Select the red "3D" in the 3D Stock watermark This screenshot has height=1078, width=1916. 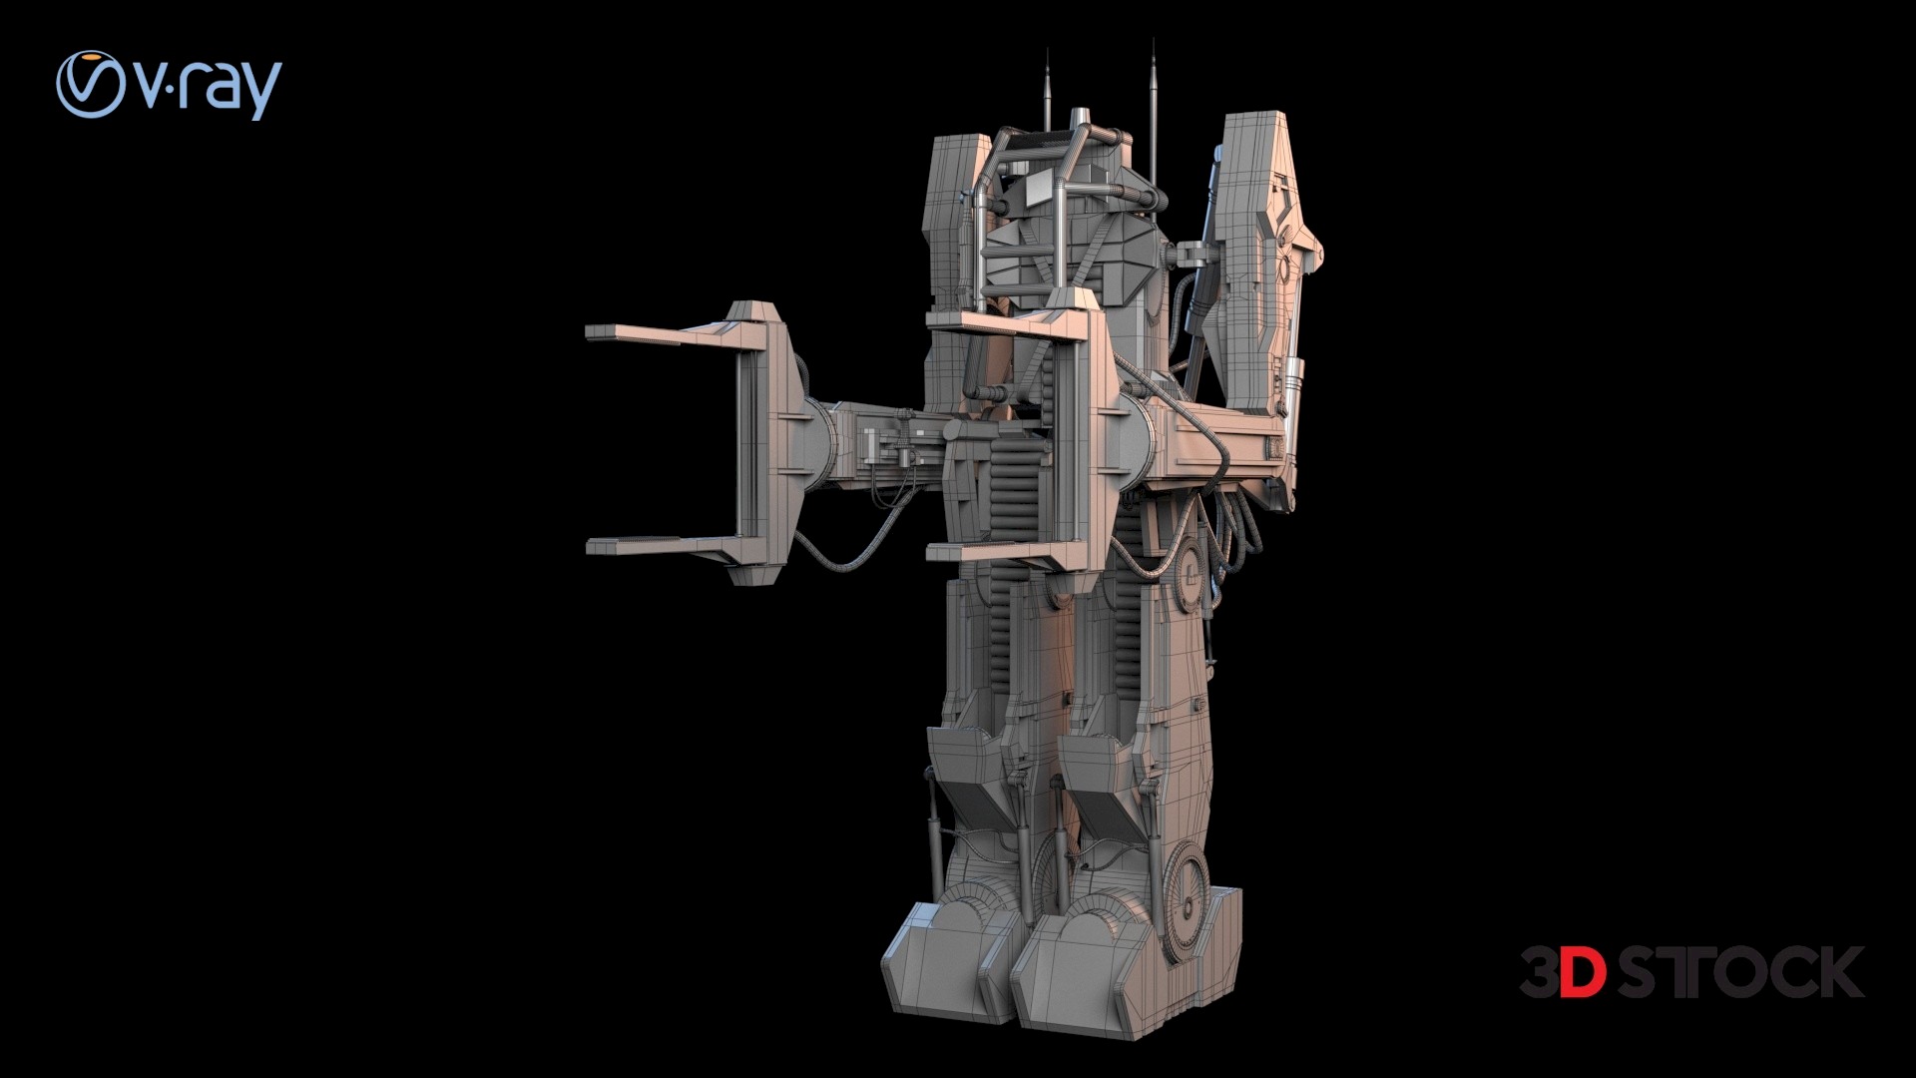(1563, 972)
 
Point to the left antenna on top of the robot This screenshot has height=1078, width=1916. (1047, 90)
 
